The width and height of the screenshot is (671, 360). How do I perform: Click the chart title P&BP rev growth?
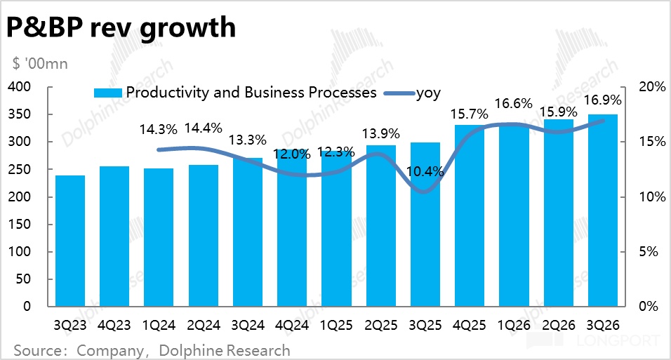pyautogui.click(x=121, y=27)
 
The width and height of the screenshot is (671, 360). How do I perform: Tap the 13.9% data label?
pyautogui.click(x=380, y=133)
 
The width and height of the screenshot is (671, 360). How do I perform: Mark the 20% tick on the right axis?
pyautogui.click(x=651, y=87)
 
